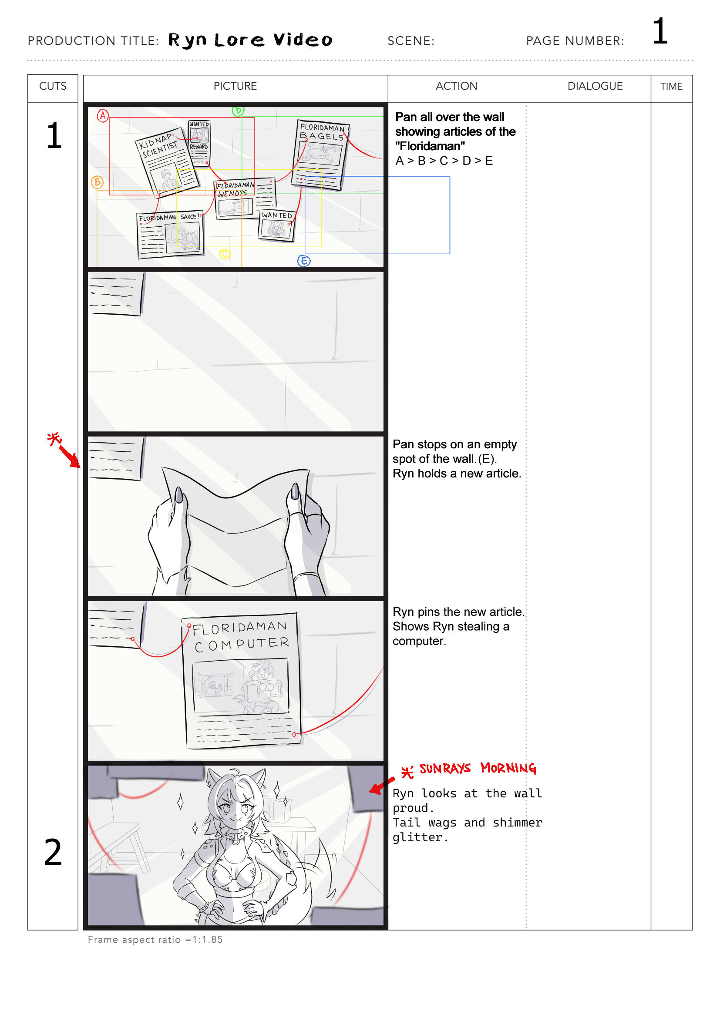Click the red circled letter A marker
[103, 116]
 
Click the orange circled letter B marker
[97, 182]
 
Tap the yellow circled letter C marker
[225, 254]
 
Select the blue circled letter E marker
[304, 261]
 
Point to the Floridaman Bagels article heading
[322, 132]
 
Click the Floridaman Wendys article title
[235, 189]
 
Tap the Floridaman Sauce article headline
[168, 217]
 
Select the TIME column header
[671, 87]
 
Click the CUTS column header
[53, 86]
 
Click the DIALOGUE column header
[595, 86]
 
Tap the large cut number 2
[53, 852]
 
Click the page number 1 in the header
[660, 31]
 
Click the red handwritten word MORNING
[508, 768]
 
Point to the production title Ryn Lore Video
[250, 40]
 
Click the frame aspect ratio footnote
[155, 940]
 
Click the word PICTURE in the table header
[235, 86]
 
